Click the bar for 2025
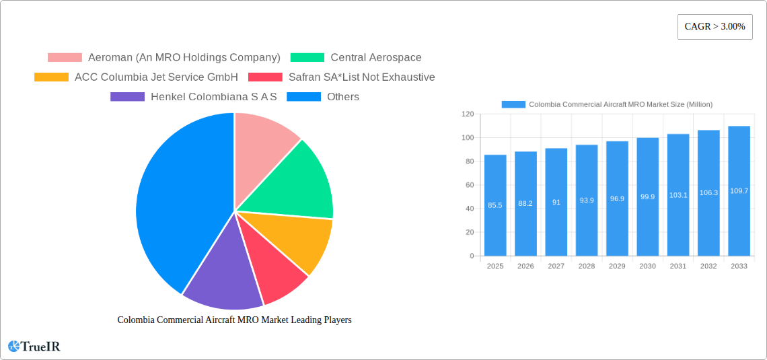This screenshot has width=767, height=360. [x=495, y=205]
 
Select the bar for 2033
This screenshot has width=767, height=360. [x=739, y=191]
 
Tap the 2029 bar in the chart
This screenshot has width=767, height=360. [x=617, y=199]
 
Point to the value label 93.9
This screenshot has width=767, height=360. [x=587, y=201]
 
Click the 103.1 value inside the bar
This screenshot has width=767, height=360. [x=678, y=195]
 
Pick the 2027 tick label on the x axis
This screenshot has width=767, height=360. [x=556, y=266]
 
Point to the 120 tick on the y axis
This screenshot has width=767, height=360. [x=468, y=114]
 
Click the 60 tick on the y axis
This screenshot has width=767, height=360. [x=470, y=185]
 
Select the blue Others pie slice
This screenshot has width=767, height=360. [x=175, y=202]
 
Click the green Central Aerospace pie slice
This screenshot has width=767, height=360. [x=296, y=182]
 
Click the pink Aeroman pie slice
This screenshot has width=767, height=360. [x=262, y=141]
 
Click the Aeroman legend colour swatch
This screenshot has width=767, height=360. [x=65, y=58]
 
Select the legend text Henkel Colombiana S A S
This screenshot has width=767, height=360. [x=213, y=97]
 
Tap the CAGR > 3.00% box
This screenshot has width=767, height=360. [x=715, y=26]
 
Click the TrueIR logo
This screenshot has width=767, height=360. [x=34, y=347]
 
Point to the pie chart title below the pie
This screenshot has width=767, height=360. [x=234, y=320]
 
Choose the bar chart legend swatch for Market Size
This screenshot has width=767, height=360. [x=513, y=104]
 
